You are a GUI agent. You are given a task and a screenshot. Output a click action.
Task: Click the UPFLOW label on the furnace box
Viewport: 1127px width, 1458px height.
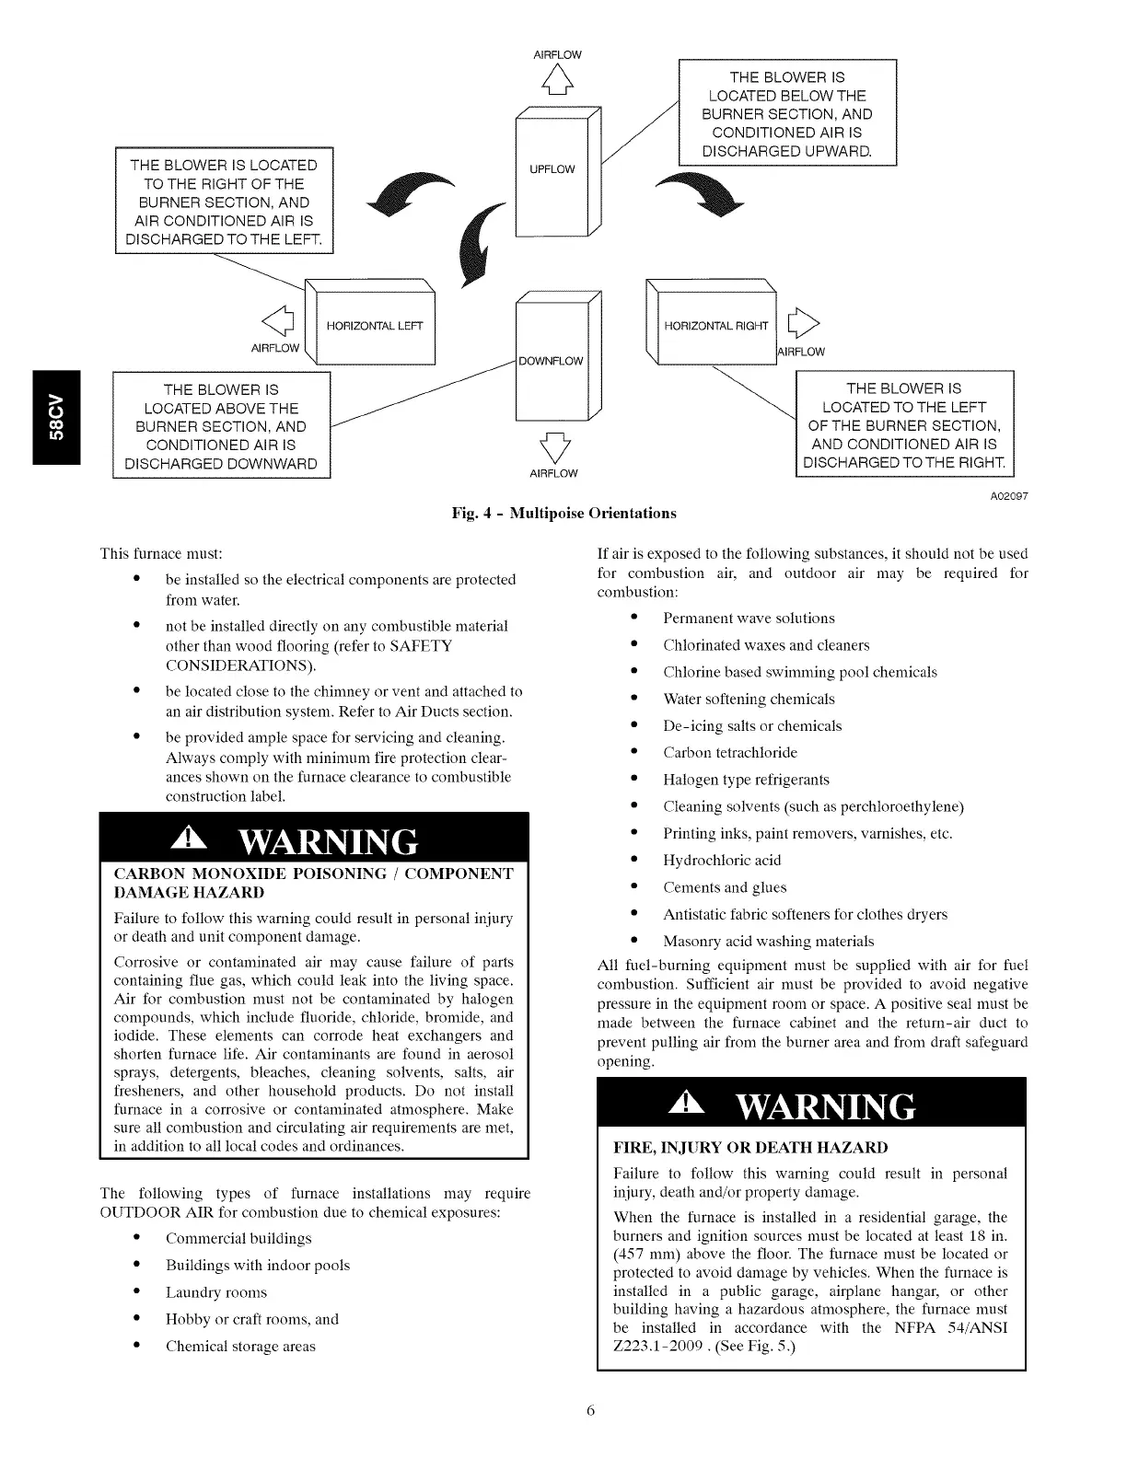(x=552, y=169)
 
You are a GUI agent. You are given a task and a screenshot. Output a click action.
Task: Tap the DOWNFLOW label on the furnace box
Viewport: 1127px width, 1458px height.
(x=551, y=361)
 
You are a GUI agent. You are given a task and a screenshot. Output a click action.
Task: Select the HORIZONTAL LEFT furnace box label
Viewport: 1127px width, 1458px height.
(x=375, y=326)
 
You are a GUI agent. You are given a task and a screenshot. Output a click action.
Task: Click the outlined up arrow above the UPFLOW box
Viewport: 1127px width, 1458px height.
(x=558, y=83)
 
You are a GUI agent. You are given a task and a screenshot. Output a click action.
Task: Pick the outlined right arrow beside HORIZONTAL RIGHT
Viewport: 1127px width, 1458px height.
(x=802, y=323)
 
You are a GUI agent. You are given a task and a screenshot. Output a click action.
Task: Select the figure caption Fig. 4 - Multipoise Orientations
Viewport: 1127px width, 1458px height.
(x=563, y=513)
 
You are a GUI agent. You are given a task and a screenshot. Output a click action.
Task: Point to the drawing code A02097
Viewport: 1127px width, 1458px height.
(x=1009, y=496)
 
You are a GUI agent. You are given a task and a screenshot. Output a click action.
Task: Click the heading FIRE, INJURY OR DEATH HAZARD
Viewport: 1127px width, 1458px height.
(x=750, y=1148)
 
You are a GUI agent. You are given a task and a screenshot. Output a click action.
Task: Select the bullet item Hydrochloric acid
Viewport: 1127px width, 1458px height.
(x=722, y=861)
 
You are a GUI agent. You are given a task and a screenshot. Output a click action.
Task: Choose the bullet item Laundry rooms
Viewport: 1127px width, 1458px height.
(x=216, y=1292)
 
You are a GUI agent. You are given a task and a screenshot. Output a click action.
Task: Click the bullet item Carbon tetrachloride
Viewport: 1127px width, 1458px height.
(x=730, y=753)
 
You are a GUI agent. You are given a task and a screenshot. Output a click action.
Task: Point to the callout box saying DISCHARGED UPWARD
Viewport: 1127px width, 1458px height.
(x=787, y=113)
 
